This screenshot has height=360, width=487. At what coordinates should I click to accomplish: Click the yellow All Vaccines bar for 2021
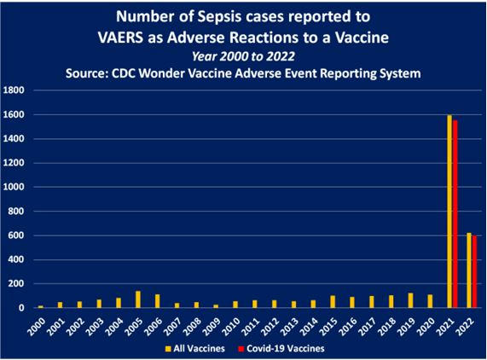pyautogui.click(x=449, y=212)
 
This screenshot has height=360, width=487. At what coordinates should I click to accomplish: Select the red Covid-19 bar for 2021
pyautogui.click(x=455, y=214)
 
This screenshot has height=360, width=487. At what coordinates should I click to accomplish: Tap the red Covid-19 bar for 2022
pyautogui.click(x=474, y=272)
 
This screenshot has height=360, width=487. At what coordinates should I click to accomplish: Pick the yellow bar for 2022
pyautogui.click(x=469, y=270)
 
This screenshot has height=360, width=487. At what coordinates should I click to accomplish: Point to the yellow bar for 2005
pyautogui.click(x=138, y=299)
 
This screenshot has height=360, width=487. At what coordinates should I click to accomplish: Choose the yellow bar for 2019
pyautogui.click(x=410, y=300)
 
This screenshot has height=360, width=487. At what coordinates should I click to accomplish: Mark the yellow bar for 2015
pyautogui.click(x=333, y=302)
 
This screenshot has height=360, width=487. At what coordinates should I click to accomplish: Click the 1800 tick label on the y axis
pyautogui.click(x=14, y=90)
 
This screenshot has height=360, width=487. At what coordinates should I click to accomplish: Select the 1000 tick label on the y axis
pyautogui.click(x=14, y=187)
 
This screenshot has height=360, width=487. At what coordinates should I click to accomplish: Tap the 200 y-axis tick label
pyautogui.click(x=16, y=283)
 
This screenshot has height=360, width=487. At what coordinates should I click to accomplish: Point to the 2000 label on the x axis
pyautogui.click(x=36, y=327)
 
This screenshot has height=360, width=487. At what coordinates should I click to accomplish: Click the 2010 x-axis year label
pyautogui.click(x=231, y=327)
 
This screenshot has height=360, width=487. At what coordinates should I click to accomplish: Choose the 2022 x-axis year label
pyautogui.click(x=465, y=327)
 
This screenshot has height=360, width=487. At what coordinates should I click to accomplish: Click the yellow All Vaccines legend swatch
pyautogui.click(x=168, y=349)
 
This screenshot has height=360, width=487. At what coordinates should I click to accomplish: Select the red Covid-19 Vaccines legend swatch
pyautogui.click(x=241, y=349)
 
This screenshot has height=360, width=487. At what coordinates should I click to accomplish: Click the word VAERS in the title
pyautogui.click(x=120, y=38)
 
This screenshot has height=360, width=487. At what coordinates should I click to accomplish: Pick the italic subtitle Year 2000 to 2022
pyautogui.click(x=243, y=56)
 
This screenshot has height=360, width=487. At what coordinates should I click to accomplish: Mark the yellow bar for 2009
pyautogui.click(x=216, y=306)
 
